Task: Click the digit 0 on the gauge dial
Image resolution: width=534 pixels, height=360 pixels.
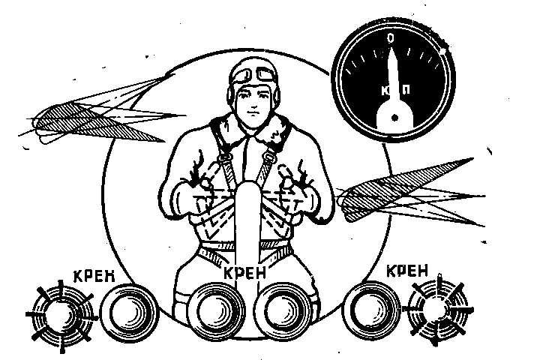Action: coord(391,38)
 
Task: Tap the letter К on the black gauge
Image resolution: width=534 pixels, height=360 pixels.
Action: coord(385,91)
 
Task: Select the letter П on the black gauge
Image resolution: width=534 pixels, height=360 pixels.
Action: coord(406,90)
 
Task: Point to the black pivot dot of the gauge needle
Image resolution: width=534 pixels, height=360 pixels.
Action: coord(394,118)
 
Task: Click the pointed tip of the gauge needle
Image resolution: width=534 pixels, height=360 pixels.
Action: coord(391,48)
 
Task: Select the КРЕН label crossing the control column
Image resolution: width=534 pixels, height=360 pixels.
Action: coord(244,273)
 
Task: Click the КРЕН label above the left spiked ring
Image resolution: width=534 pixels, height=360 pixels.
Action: coord(94,277)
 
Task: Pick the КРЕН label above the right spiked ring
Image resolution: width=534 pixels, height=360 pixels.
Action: coord(408,271)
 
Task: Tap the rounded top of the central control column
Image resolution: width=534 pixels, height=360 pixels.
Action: coord(248,184)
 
